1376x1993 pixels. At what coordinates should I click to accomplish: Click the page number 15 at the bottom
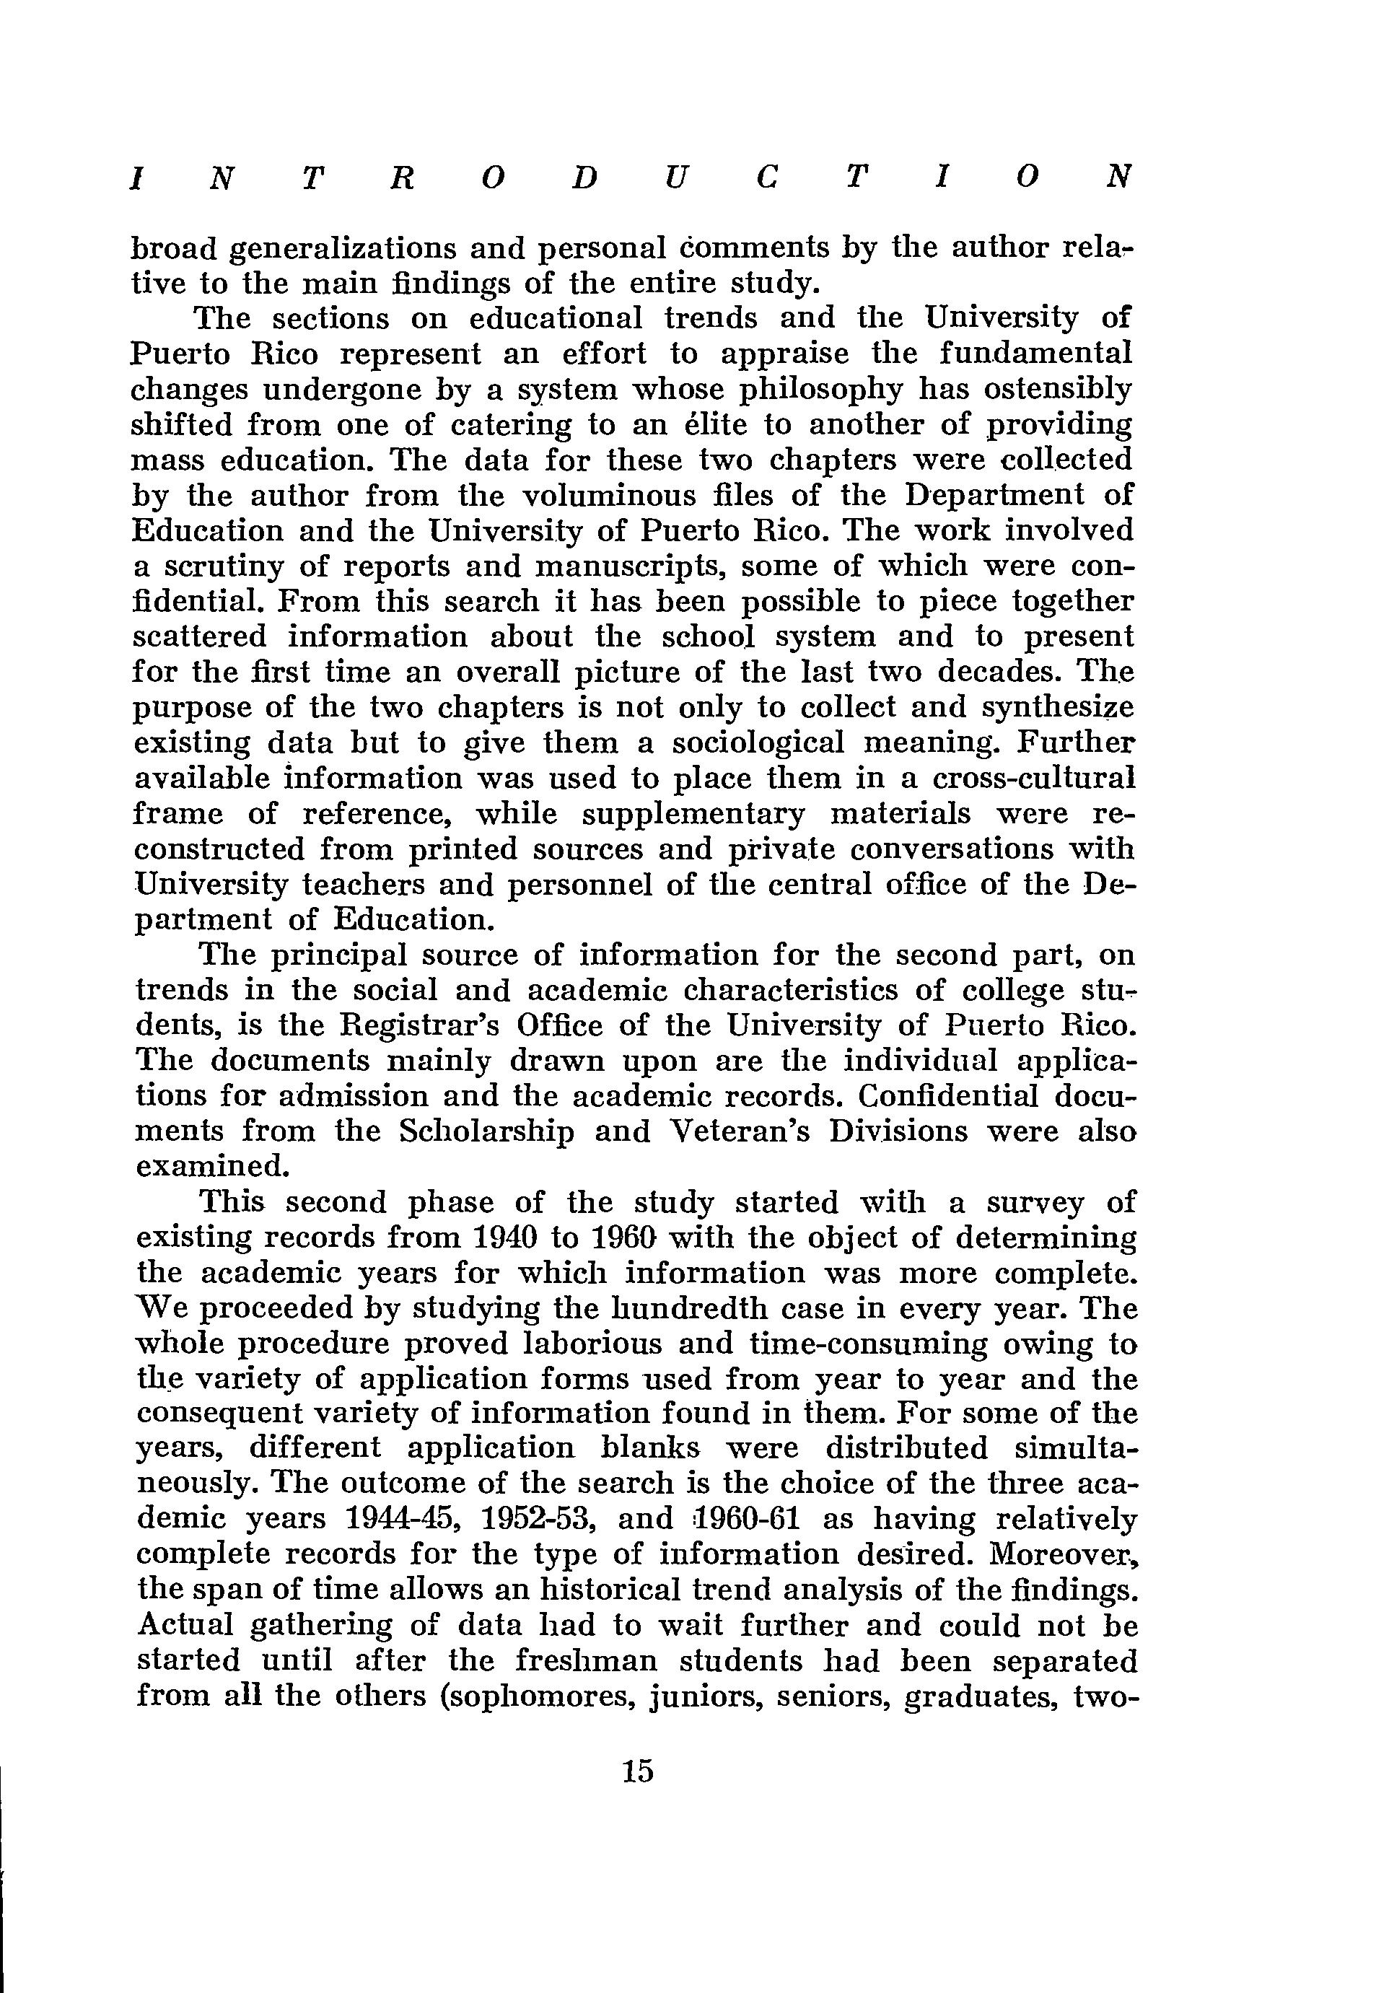(x=637, y=1771)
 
